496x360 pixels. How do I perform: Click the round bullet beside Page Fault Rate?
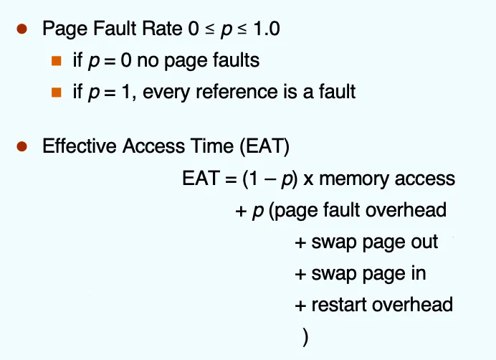(x=22, y=29)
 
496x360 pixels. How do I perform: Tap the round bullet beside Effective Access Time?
(x=22, y=146)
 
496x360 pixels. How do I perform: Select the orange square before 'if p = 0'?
(x=57, y=60)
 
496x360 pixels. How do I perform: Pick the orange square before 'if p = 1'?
(x=57, y=92)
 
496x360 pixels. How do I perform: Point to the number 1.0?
(x=267, y=29)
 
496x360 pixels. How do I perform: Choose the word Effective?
(x=80, y=146)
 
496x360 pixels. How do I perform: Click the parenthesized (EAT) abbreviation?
(x=264, y=146)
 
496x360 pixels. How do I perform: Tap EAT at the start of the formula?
(x=201, y=178)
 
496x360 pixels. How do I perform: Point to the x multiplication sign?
(x=308, y=179)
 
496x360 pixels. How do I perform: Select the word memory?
(x=354, y=179)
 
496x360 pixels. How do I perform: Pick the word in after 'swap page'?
(x=419, y=273)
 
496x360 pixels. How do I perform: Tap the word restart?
(x=338, y=305)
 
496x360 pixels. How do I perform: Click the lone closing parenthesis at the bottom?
(x=305, y=337)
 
